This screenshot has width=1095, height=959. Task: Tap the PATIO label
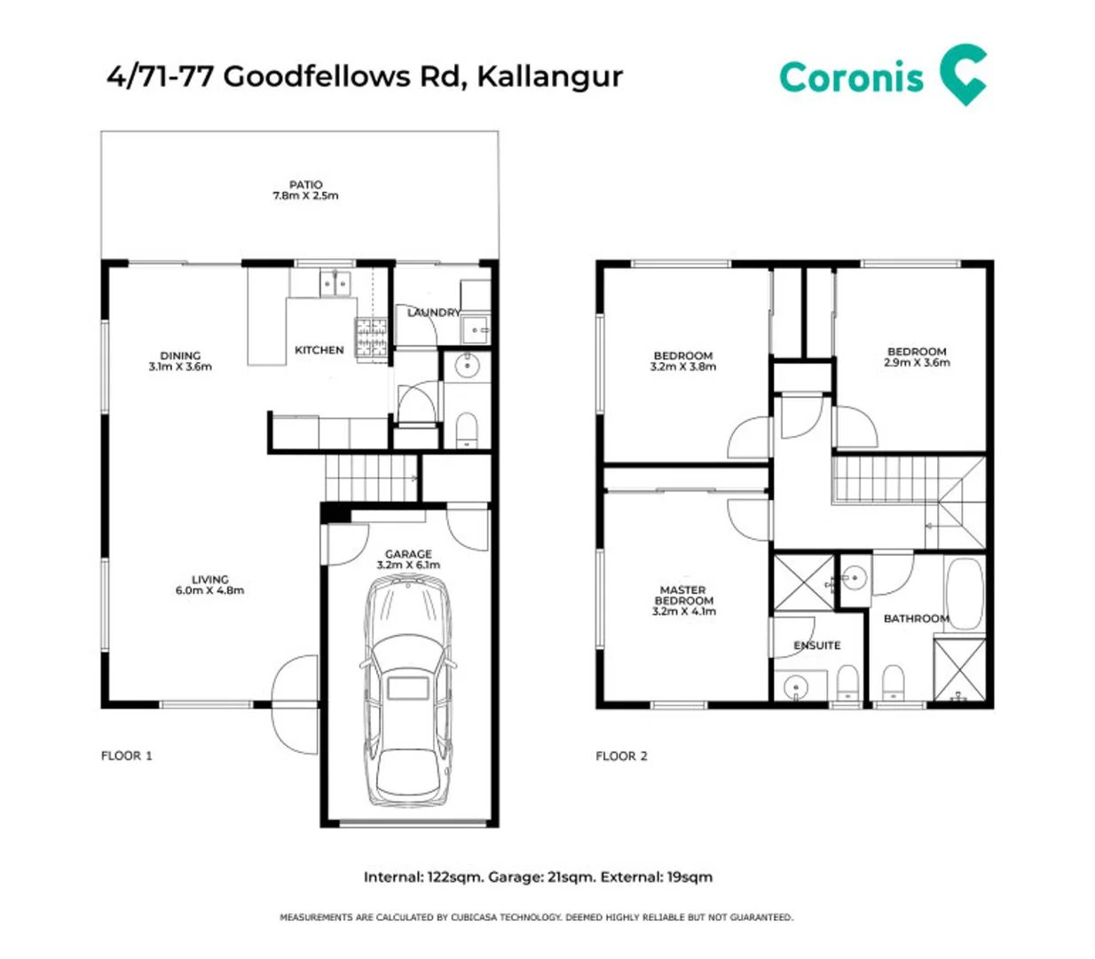306,185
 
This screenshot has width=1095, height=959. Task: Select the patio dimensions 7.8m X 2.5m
305,196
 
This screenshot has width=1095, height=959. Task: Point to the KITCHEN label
319,351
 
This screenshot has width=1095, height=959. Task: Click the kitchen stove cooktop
372,337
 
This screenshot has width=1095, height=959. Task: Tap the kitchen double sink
335,284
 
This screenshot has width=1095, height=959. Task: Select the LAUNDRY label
434,313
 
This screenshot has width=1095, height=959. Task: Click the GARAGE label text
408,554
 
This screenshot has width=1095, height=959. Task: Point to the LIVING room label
210,579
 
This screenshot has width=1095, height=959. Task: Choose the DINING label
180,355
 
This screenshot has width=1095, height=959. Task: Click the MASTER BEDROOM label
683,595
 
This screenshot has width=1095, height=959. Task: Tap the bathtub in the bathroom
965,593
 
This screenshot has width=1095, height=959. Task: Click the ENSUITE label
816,646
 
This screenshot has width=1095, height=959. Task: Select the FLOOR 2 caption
621,757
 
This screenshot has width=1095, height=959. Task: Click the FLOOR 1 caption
127,756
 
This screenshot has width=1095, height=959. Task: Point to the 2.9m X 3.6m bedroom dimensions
917,363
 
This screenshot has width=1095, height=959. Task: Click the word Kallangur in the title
550,76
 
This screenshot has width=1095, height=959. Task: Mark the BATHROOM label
916,619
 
